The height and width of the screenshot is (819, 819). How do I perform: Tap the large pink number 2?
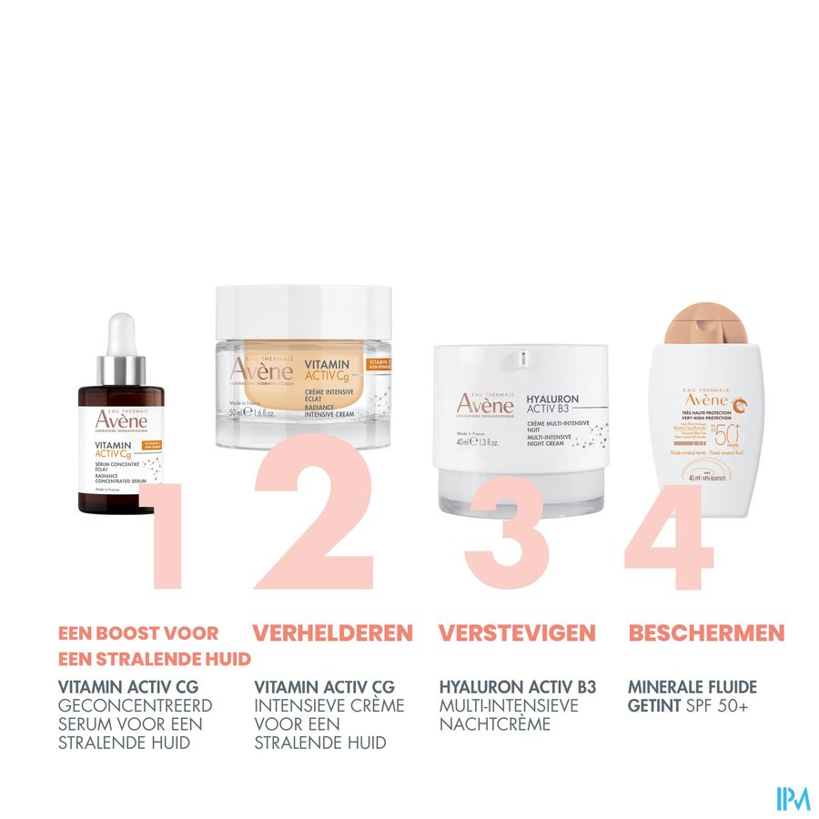tap(314, 519)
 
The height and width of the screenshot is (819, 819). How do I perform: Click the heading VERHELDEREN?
tap(332, 632)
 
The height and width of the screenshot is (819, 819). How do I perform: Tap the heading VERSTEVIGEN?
tap(517, 632)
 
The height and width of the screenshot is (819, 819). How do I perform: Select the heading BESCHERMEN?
tap(706, 632)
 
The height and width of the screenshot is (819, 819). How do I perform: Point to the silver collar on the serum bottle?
tap(121, 370)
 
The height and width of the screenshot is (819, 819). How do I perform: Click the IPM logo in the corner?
tap(793, 798)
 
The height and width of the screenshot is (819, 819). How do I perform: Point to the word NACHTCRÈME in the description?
tap(497, 724)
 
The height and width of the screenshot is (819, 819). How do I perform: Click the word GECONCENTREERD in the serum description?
tap(135, 705)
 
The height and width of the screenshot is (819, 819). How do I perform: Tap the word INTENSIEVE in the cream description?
tap(298, 705)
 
